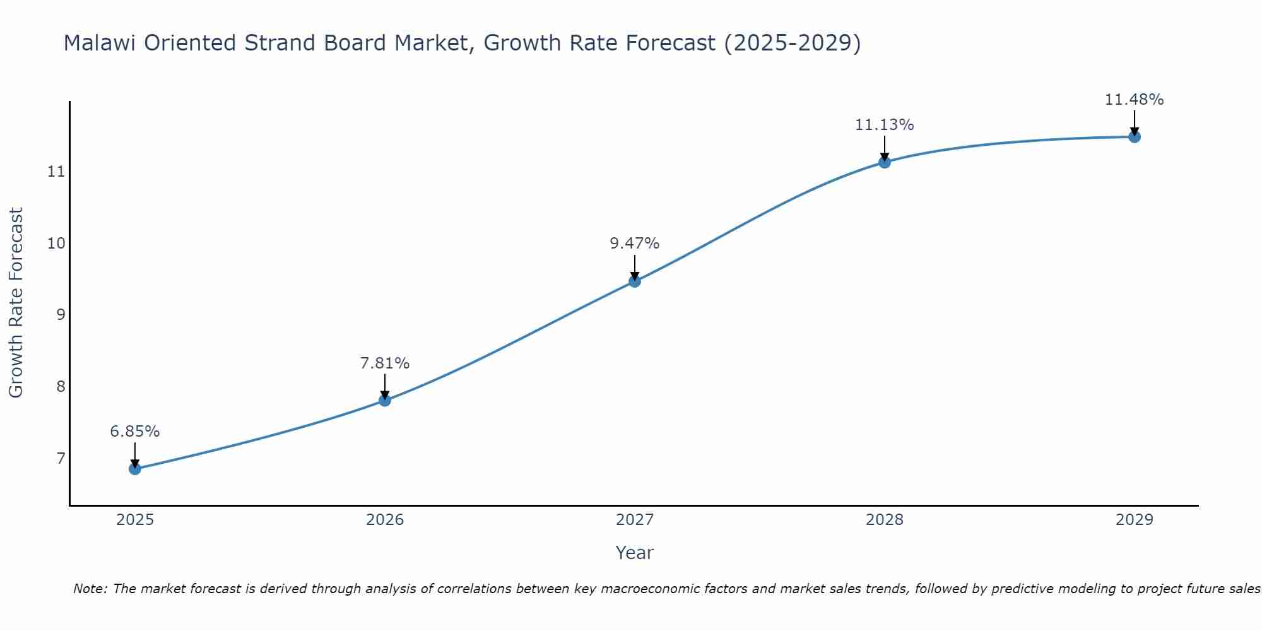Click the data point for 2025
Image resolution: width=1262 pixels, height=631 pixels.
pyautogui.click(x=135, y=469)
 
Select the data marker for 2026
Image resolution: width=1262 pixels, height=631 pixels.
pyautogui.click(x=385, y=400)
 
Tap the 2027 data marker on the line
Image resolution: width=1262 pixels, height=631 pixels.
pyautogui.click(x=635, y=281)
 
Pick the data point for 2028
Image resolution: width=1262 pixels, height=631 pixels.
pyautogui.click(x=885, y=162)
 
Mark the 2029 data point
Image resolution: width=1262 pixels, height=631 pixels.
pyautogui.click(x=1135, y=137)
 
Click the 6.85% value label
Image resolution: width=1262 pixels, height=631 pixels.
pyautogui.click(x=135, y=432)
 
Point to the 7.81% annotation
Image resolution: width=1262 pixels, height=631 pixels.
pyautogui.click(x=385, y=363)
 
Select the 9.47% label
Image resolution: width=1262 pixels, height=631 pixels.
pyautogui.click(x=635, y=244)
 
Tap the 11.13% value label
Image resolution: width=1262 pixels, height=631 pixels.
pyautogui.click(x=885, y=125)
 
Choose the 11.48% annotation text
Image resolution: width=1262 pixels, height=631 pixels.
pyautogui.click(x=1135, y=100)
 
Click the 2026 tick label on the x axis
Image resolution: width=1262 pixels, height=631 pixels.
pyautogui.click(x=385, y=520)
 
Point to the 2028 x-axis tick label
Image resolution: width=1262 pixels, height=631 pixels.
pyautogui.click(x=885, y=520)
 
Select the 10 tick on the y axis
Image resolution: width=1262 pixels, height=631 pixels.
pyautogui.click(x=56, y=243)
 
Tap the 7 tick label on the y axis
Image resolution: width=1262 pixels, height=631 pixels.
pyautogui.click(x=61, y=457)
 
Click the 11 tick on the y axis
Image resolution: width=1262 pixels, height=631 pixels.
pyautogui.click(x=56, y=171)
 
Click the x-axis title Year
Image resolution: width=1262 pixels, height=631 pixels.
pyautogui.click(x=635, y=553)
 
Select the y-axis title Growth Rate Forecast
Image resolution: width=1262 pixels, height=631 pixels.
pyautogui.click(x=16, y=303)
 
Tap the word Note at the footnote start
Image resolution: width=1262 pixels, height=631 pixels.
pyautogui.click(x=91, y=589)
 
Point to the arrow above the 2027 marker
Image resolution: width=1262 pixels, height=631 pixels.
pyautogui.click(x=635, y=266)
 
